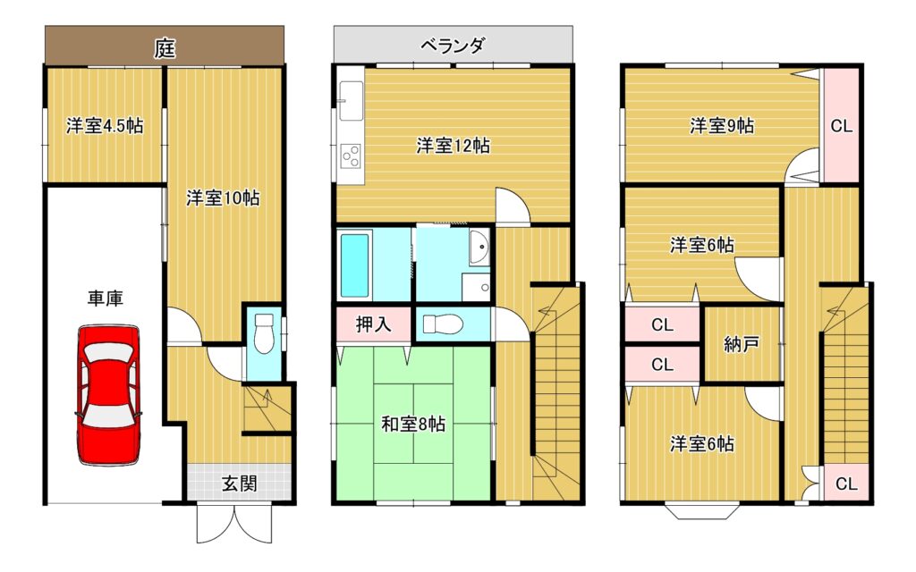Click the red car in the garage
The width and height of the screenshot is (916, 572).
[x=109, y=394]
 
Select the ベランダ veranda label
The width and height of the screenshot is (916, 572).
[x=454, y=44]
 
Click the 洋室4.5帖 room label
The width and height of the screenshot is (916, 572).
[x=104, y=126]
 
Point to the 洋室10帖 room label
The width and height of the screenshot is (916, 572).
[x=223, y=198]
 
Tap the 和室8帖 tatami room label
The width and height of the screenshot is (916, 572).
[x=413, y=425]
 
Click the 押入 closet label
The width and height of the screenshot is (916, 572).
[x=373, y=324]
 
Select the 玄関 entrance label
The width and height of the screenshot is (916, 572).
[x=239, y=484]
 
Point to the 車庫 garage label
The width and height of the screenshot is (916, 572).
[x=105, y=299]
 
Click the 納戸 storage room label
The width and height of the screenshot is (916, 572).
[x=742, y=344]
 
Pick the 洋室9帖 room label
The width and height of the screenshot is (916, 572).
[x=721, y=126]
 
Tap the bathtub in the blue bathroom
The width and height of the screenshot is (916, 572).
[x=355, y=266]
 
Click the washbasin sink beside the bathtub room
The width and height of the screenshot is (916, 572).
[x=479, y=246]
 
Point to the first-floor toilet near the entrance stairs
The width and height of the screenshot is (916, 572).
[x=263, y=335]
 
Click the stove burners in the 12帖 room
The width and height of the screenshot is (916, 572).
[x=351, y=156]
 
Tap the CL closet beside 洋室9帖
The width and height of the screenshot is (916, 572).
[x=841, y=126]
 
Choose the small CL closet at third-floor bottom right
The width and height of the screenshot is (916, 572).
[x=846, y=484]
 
